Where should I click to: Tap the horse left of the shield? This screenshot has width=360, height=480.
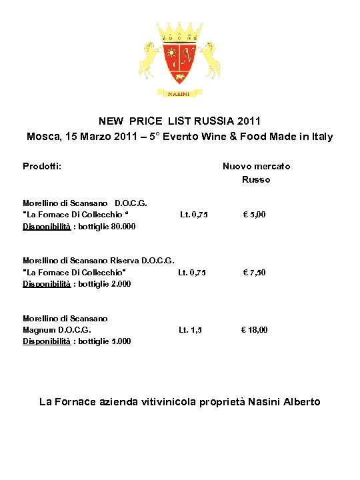[x=149, y=59]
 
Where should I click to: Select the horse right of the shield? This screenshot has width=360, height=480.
[x=211, y=59]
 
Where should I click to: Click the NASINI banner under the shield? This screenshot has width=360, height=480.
[x=179, y=94]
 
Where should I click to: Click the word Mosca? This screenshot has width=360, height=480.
[x=42, y=137]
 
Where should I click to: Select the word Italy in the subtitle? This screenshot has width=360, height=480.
[x=319, y=137]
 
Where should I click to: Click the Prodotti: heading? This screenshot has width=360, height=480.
[x=42, y=166]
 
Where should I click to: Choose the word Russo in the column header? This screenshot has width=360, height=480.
[x=256, y=179]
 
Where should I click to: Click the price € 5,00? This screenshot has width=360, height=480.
[x=254, y=215]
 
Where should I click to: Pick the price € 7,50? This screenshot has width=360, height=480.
[x=254, y=272]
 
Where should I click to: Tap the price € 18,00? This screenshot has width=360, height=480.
[x=254, y=329]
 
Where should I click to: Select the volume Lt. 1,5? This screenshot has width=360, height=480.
[x=190, y=329]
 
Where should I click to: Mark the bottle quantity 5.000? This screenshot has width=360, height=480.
[x=118, y=341]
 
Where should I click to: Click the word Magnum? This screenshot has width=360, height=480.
[x=39, y=329]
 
